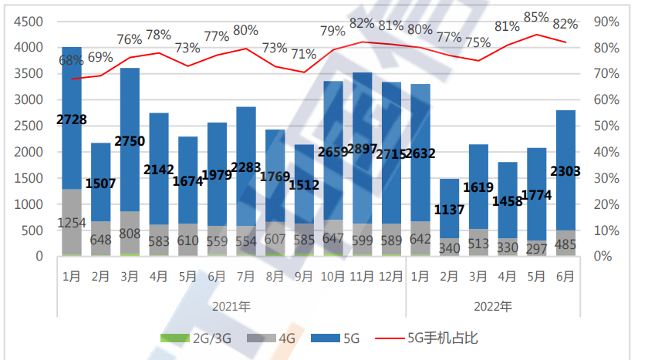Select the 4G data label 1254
tap(72, 223)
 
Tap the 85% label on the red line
tap(535, 17)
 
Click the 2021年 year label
tap(231, 305)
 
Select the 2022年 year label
tap(492, 305)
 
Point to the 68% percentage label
tap(72, 59)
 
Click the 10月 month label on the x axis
tap(332, 275)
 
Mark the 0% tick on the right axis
tap(603, 257)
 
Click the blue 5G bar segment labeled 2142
tap(159, 146)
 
